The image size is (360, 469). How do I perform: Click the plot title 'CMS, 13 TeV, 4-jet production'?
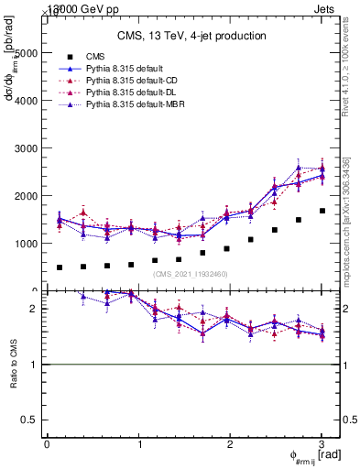(191, 36)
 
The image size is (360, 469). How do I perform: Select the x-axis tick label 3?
(322, 444)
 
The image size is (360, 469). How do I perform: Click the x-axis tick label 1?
(138, 444)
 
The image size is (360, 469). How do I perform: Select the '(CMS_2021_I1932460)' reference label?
(191, 274)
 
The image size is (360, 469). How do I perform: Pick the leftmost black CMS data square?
(60, 267)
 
